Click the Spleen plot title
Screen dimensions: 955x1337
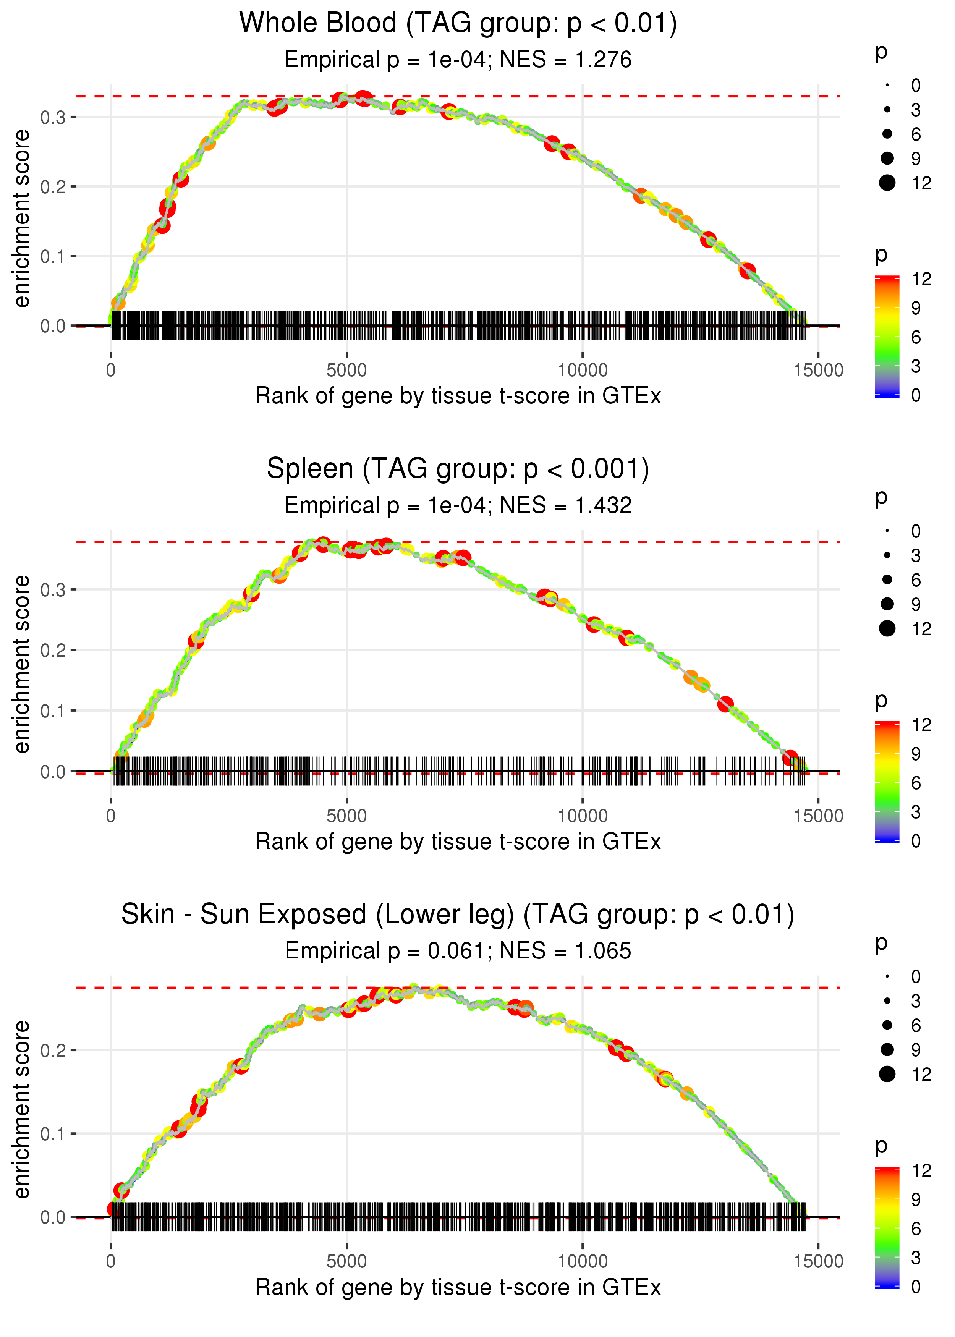pyautogui.click(x=458, y=469)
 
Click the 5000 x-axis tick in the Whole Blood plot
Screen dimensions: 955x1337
pyautogui.click(x=346, y=371)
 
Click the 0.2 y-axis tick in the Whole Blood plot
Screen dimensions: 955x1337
pyautogui.click(x=53, y=187)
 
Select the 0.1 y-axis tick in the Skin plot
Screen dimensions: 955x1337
pyautogui.click(x=53, y=1133)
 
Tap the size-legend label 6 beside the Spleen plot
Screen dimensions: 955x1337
pyautogui.click(x=916, y=580)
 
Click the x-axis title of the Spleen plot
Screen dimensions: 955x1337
pyautogui.click(x=458, y=842)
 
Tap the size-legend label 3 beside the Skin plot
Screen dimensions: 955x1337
pyautogui.click(x=916, y=1001)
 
